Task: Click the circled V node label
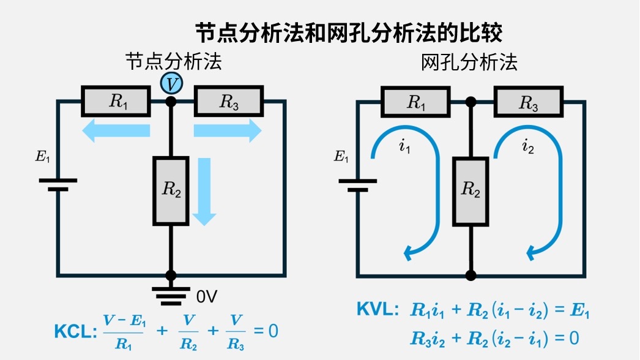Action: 171,82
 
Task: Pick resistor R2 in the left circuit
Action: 171,190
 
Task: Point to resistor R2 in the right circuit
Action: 471,189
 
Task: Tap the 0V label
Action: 207,297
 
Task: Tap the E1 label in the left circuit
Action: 42,157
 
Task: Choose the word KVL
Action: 378,310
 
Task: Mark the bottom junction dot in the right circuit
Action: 471,275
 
